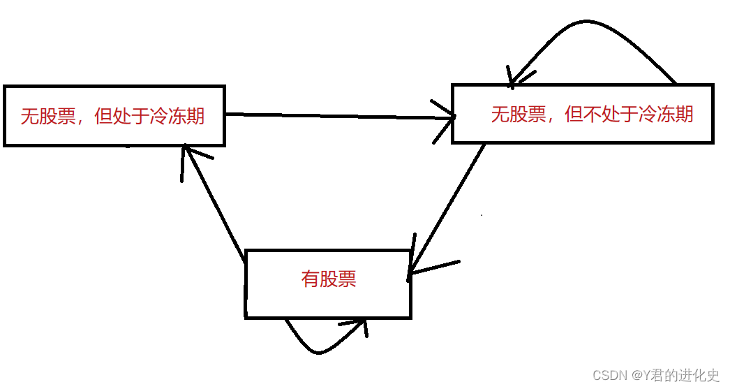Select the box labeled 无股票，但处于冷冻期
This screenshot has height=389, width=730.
[x=114, y=116]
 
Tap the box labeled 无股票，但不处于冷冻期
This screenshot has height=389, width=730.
[x=583, y=114]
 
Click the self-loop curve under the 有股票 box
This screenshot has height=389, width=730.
[x=318, y=349]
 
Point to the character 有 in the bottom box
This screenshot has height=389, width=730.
[x=310, y=279]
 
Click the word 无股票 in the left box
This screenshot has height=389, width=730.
[x=48, y=116]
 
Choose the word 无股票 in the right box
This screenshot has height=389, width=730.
[x=519, y=114]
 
